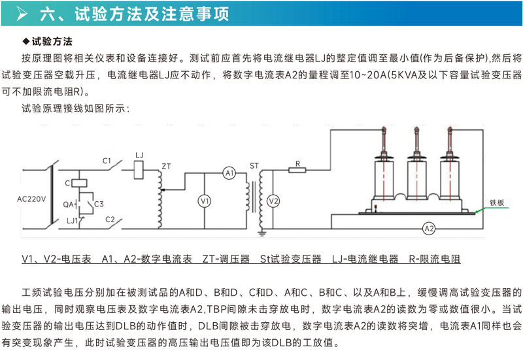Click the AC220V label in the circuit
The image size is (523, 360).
coord(32,198)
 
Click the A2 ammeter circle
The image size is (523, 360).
coord(429,229)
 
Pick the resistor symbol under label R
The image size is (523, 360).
coord(298,171)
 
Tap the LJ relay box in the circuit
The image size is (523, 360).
coord(139,170)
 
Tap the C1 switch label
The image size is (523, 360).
coord(108,159)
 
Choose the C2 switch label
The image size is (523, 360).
coord(110,219)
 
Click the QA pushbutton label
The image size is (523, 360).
coord(69,203)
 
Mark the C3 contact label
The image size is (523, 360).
coord(99,205)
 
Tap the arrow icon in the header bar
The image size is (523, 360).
coord(22,13)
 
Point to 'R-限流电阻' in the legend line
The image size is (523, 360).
coord(435,259)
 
